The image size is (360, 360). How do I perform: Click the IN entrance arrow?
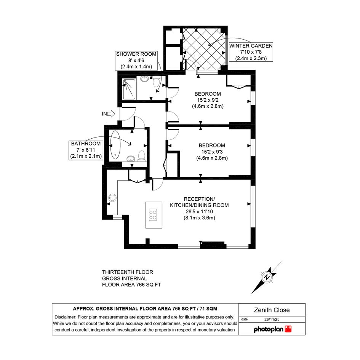pos(111,114)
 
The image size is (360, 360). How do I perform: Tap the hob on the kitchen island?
pos(153,215)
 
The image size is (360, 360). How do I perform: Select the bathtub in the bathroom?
pos(115,145)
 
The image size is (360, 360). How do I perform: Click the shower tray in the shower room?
pos(129,89)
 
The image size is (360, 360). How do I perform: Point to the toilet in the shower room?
pos(157,82)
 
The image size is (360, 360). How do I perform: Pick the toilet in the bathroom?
pos(141,156)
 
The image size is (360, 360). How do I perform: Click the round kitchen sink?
pos(112,198)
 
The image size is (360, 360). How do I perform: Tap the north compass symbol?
pos(267,277)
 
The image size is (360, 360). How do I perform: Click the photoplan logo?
pos(272,329)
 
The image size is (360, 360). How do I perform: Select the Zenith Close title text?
pos(272,310)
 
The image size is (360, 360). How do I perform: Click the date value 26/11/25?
pos(272,319)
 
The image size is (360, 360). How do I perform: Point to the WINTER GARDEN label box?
pos(251,52)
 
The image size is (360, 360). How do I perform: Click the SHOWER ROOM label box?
pos(136,61)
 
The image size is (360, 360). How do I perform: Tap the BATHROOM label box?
pos(86,150)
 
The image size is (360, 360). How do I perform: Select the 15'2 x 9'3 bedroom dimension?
pos(212,152)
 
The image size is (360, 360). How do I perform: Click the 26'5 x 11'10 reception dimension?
pos(199,211)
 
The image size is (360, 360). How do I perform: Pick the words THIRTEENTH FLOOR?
pos(127,272)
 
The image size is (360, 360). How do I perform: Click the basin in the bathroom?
pos(131,158)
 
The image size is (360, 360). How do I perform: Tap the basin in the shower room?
pos(144,79)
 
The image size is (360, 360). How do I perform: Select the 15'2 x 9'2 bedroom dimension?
pos(208,100)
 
